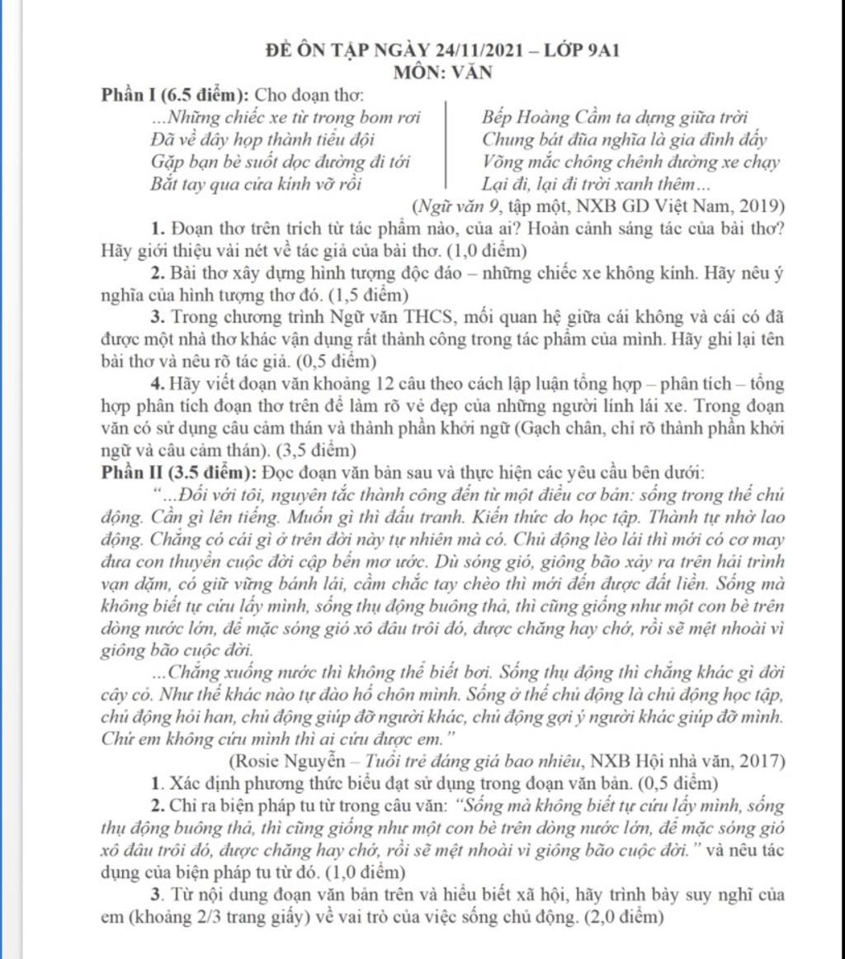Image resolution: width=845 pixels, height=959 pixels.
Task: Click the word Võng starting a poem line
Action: pos(503,162)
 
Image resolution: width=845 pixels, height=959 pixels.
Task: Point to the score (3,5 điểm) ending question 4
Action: pos(319,451)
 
